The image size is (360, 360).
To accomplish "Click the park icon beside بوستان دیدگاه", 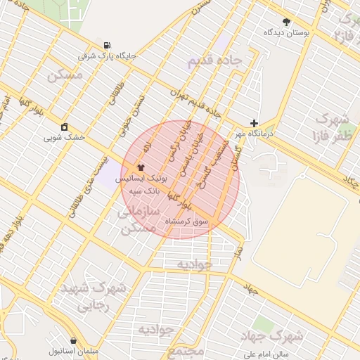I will pos(286,22).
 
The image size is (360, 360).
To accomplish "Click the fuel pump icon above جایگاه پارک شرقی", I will pos(106,44).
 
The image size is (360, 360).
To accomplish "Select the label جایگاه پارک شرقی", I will pos(106,55).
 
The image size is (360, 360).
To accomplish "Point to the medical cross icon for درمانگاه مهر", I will pos(254,122).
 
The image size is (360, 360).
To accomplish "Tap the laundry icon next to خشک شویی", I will pos(65,127).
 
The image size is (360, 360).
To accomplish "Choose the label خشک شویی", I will pos(65,137).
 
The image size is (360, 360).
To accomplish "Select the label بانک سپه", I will pos(148,191).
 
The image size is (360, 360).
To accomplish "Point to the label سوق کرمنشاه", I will pos(186,221).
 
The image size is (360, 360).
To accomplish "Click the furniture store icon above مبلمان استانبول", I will pos(73,340).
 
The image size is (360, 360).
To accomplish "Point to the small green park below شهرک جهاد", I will pos(264,323).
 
